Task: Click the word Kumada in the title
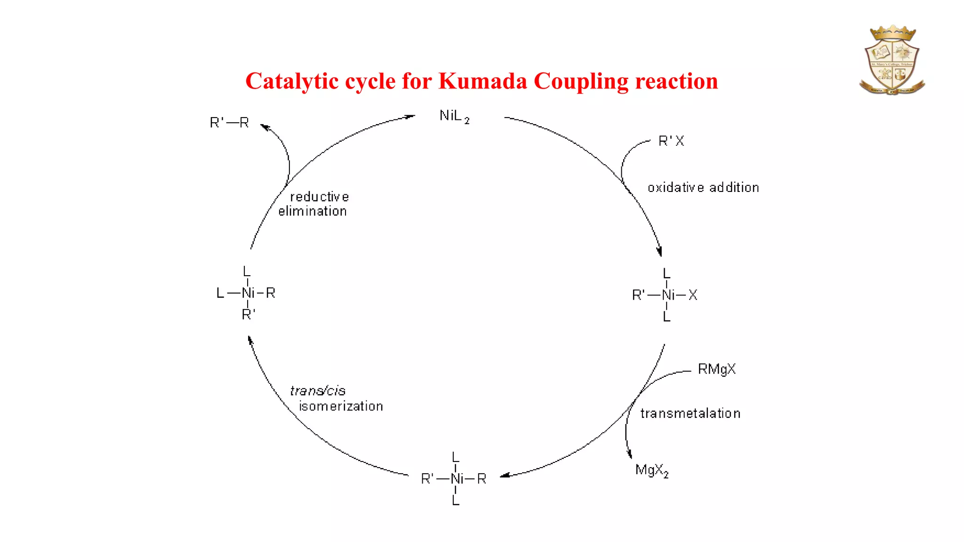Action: (482, 81)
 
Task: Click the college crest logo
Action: (892, 60)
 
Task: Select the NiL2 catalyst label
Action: (454, 116)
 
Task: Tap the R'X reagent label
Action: (671, 141)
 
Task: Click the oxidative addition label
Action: (703, 188)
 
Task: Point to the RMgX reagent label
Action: (716, 369)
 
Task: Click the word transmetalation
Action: (690, 414)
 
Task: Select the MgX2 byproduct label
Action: (651, 470)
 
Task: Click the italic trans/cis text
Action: (318, 391)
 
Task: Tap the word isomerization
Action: (341, 406)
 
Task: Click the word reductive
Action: (319, 197)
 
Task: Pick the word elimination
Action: (312, 212)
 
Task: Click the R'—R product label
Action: (229, 123)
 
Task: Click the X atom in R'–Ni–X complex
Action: (692, 295)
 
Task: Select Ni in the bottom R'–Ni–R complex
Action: (457, 479)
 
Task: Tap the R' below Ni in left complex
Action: (248, 314)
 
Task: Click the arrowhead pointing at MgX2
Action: (630, 454)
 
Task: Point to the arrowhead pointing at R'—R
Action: (265, 127)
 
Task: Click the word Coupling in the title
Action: (581, 81)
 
